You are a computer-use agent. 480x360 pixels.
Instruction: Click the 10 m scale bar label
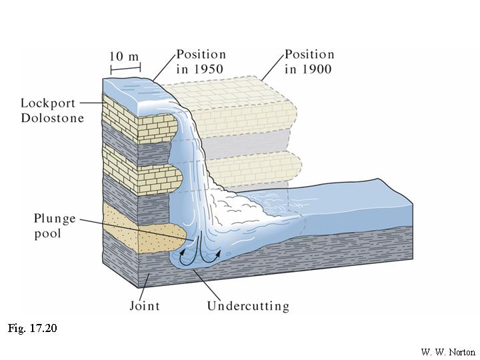click(125, 56)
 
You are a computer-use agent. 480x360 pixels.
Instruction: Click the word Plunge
click(55, 219)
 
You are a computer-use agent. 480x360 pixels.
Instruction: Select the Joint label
click(144, 307)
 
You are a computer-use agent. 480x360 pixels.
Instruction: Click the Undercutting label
click(248, 307)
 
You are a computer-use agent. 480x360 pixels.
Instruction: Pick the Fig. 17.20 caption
click(34, 329)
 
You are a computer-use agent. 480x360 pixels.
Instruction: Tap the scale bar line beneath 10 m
click(125, 69)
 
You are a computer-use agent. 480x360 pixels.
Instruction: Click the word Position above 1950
click(201, 55)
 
